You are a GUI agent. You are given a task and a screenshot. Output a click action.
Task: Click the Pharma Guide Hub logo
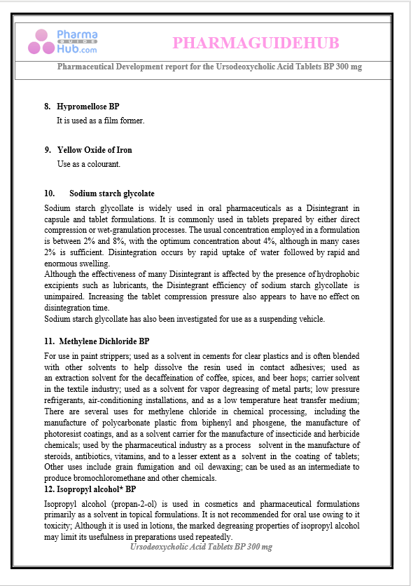[x=63, y=42]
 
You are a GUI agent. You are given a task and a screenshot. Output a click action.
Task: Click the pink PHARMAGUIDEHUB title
[x=256, y=43]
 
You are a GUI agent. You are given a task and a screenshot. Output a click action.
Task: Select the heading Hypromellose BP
[x=88, y=107]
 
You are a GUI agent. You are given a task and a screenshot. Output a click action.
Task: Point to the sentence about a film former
[x=100, y=121]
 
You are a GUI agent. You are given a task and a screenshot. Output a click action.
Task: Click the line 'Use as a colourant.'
[x=89, y=164]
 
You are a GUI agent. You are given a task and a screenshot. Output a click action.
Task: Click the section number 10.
[x=50, y=193]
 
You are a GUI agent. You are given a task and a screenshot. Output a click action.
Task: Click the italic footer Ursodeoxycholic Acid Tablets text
[x=201, y=546]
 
